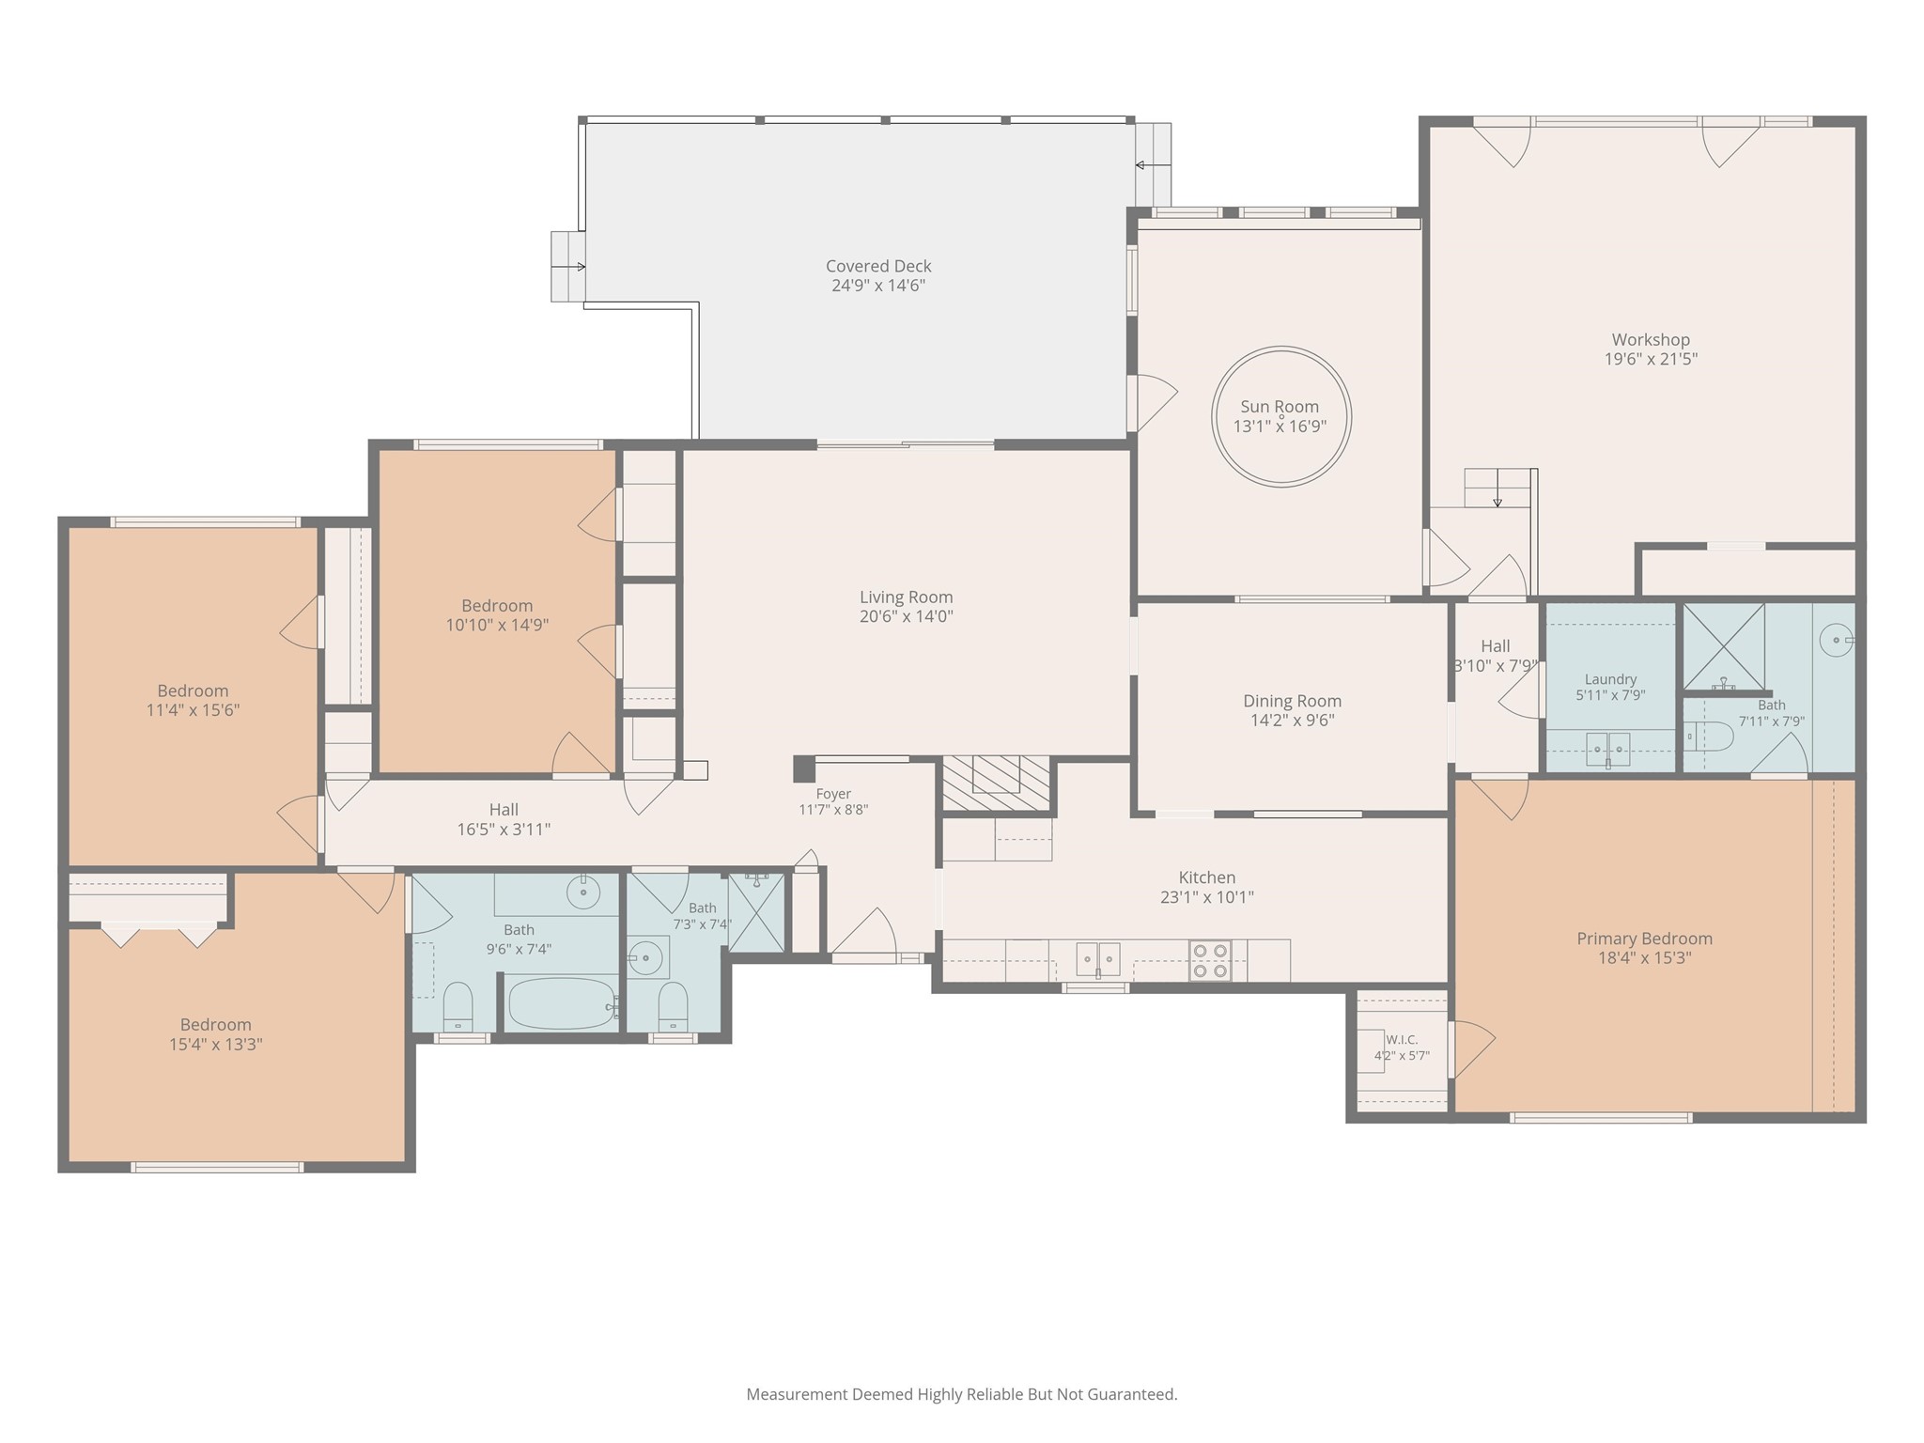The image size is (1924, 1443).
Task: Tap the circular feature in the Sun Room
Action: tap(1281, 349)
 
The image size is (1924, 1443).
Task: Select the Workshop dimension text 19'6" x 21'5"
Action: tap(1651, 359)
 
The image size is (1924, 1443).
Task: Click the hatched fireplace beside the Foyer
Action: tap(996, 783)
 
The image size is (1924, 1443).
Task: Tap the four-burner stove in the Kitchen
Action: tap(1210, 960)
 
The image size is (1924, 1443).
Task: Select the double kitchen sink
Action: tap(1098, 959)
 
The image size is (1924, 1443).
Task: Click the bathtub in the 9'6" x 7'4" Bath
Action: tap(562, 1004)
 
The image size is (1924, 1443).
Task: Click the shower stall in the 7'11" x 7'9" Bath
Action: tap(1723, 646)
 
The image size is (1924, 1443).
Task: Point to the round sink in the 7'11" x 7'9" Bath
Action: tap(1836, 641)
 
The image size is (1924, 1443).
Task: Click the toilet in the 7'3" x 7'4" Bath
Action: tap(673, 1006)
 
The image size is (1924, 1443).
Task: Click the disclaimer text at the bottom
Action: tap(961, 1394)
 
